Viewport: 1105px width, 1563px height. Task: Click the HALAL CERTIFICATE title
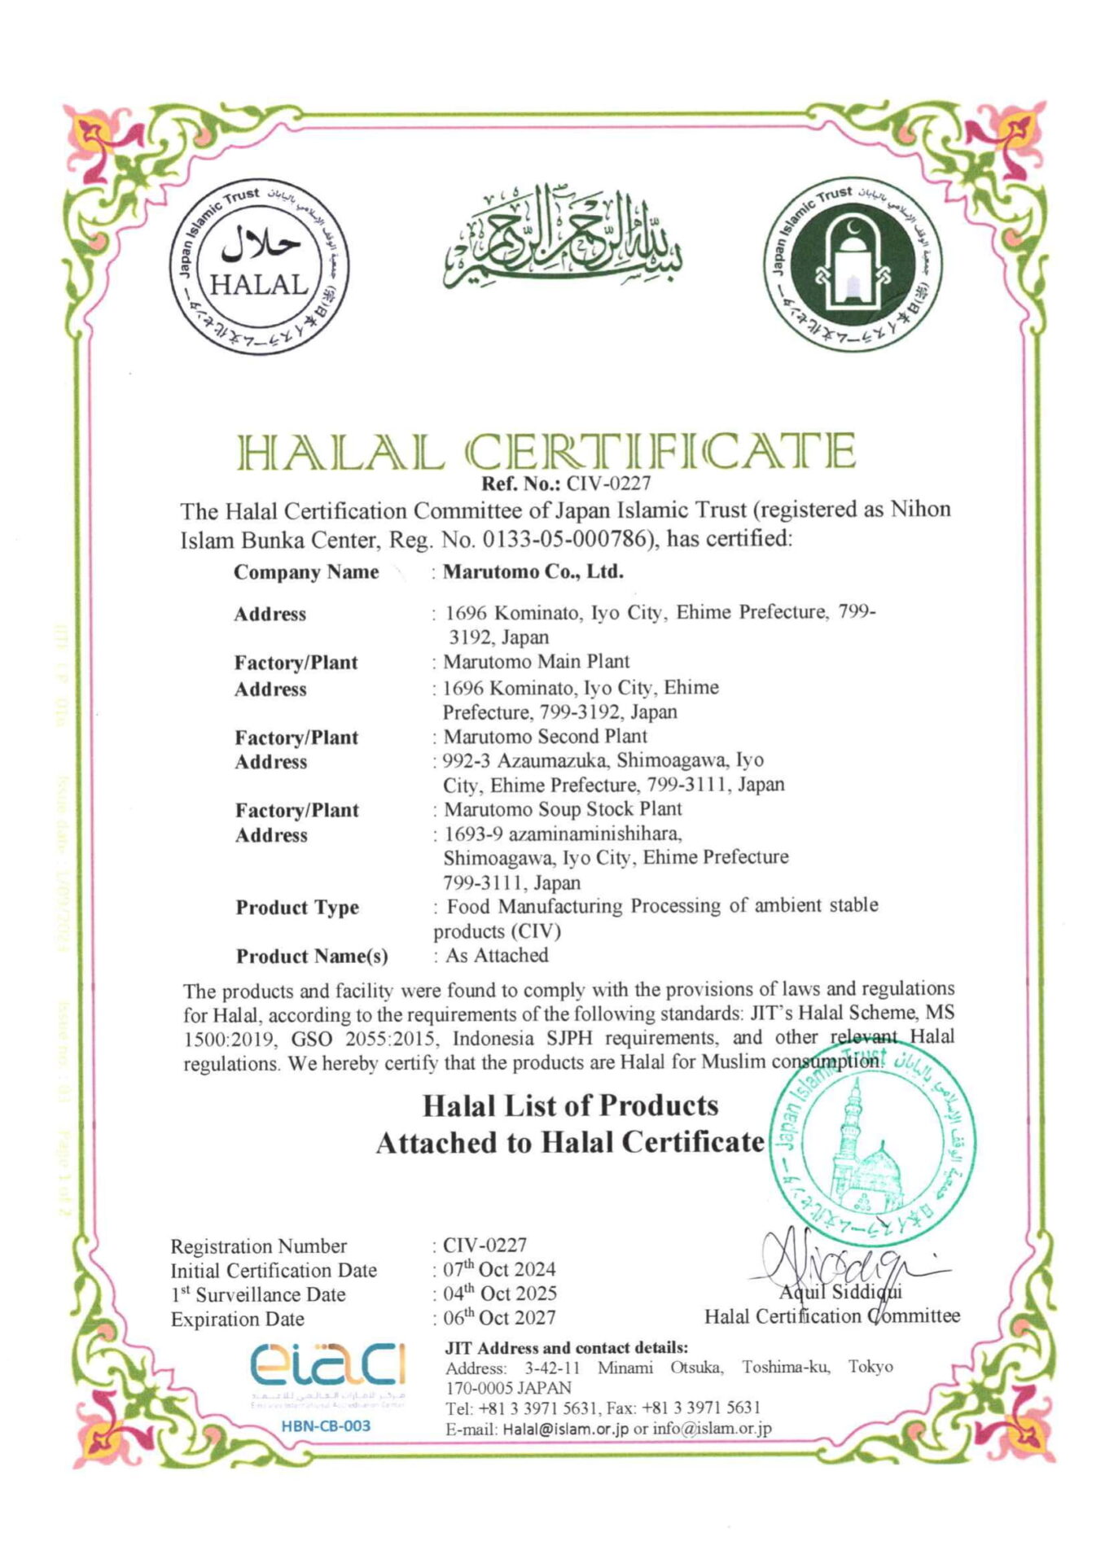(546, 452)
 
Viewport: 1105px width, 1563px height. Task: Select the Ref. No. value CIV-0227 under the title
(609, 484)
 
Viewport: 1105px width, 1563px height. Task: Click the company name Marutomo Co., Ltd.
(533, 571)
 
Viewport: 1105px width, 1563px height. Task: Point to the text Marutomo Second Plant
(545, 737)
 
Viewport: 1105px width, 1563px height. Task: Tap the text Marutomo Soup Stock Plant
(563, 809)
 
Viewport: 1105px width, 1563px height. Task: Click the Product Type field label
(297, 908)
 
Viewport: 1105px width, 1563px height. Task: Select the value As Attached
(497, 956)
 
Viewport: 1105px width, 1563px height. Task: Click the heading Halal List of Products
(571, 1105)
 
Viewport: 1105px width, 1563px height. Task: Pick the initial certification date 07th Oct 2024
(499, 1269)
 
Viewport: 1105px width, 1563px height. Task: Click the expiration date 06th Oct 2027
(499, 1318)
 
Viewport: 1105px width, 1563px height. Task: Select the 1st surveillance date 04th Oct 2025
(500, 1294)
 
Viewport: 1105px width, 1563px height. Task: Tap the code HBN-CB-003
(326, 1425)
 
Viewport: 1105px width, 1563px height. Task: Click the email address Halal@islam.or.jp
(565, 1429)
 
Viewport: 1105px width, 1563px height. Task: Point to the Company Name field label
(306, 572)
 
